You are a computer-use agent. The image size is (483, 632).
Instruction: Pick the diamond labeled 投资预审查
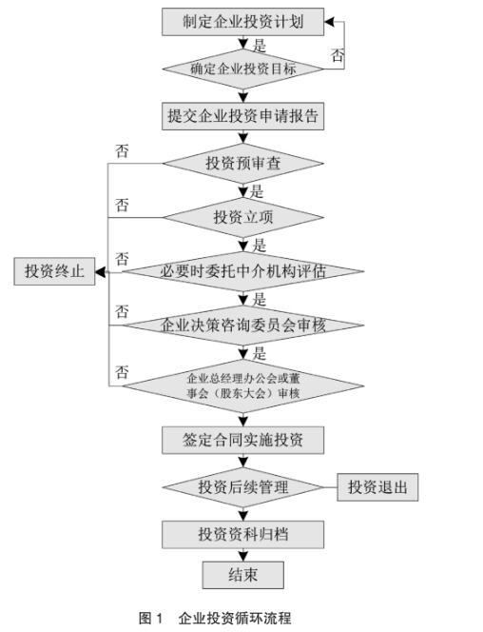243,163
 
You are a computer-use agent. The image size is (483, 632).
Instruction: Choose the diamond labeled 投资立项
243,217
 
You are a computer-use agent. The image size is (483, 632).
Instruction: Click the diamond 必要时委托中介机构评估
243,271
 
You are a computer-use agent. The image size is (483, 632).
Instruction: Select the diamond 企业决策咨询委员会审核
243,326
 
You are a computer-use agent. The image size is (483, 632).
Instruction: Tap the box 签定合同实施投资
243,441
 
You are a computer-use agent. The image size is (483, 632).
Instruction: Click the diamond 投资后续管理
243,487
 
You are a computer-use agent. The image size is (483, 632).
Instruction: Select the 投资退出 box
377,487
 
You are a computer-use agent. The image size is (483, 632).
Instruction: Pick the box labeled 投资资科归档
243,533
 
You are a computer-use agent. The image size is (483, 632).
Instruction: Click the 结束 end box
243,575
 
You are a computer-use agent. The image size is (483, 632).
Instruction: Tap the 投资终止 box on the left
54,271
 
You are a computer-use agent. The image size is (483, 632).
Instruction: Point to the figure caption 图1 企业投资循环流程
215,618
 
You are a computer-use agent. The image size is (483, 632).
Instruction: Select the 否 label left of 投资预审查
122,151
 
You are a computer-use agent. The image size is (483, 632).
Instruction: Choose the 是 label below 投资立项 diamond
259,245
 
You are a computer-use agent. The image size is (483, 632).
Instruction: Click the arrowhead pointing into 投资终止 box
100,272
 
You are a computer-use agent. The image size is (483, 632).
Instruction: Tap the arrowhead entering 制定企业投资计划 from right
329,21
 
